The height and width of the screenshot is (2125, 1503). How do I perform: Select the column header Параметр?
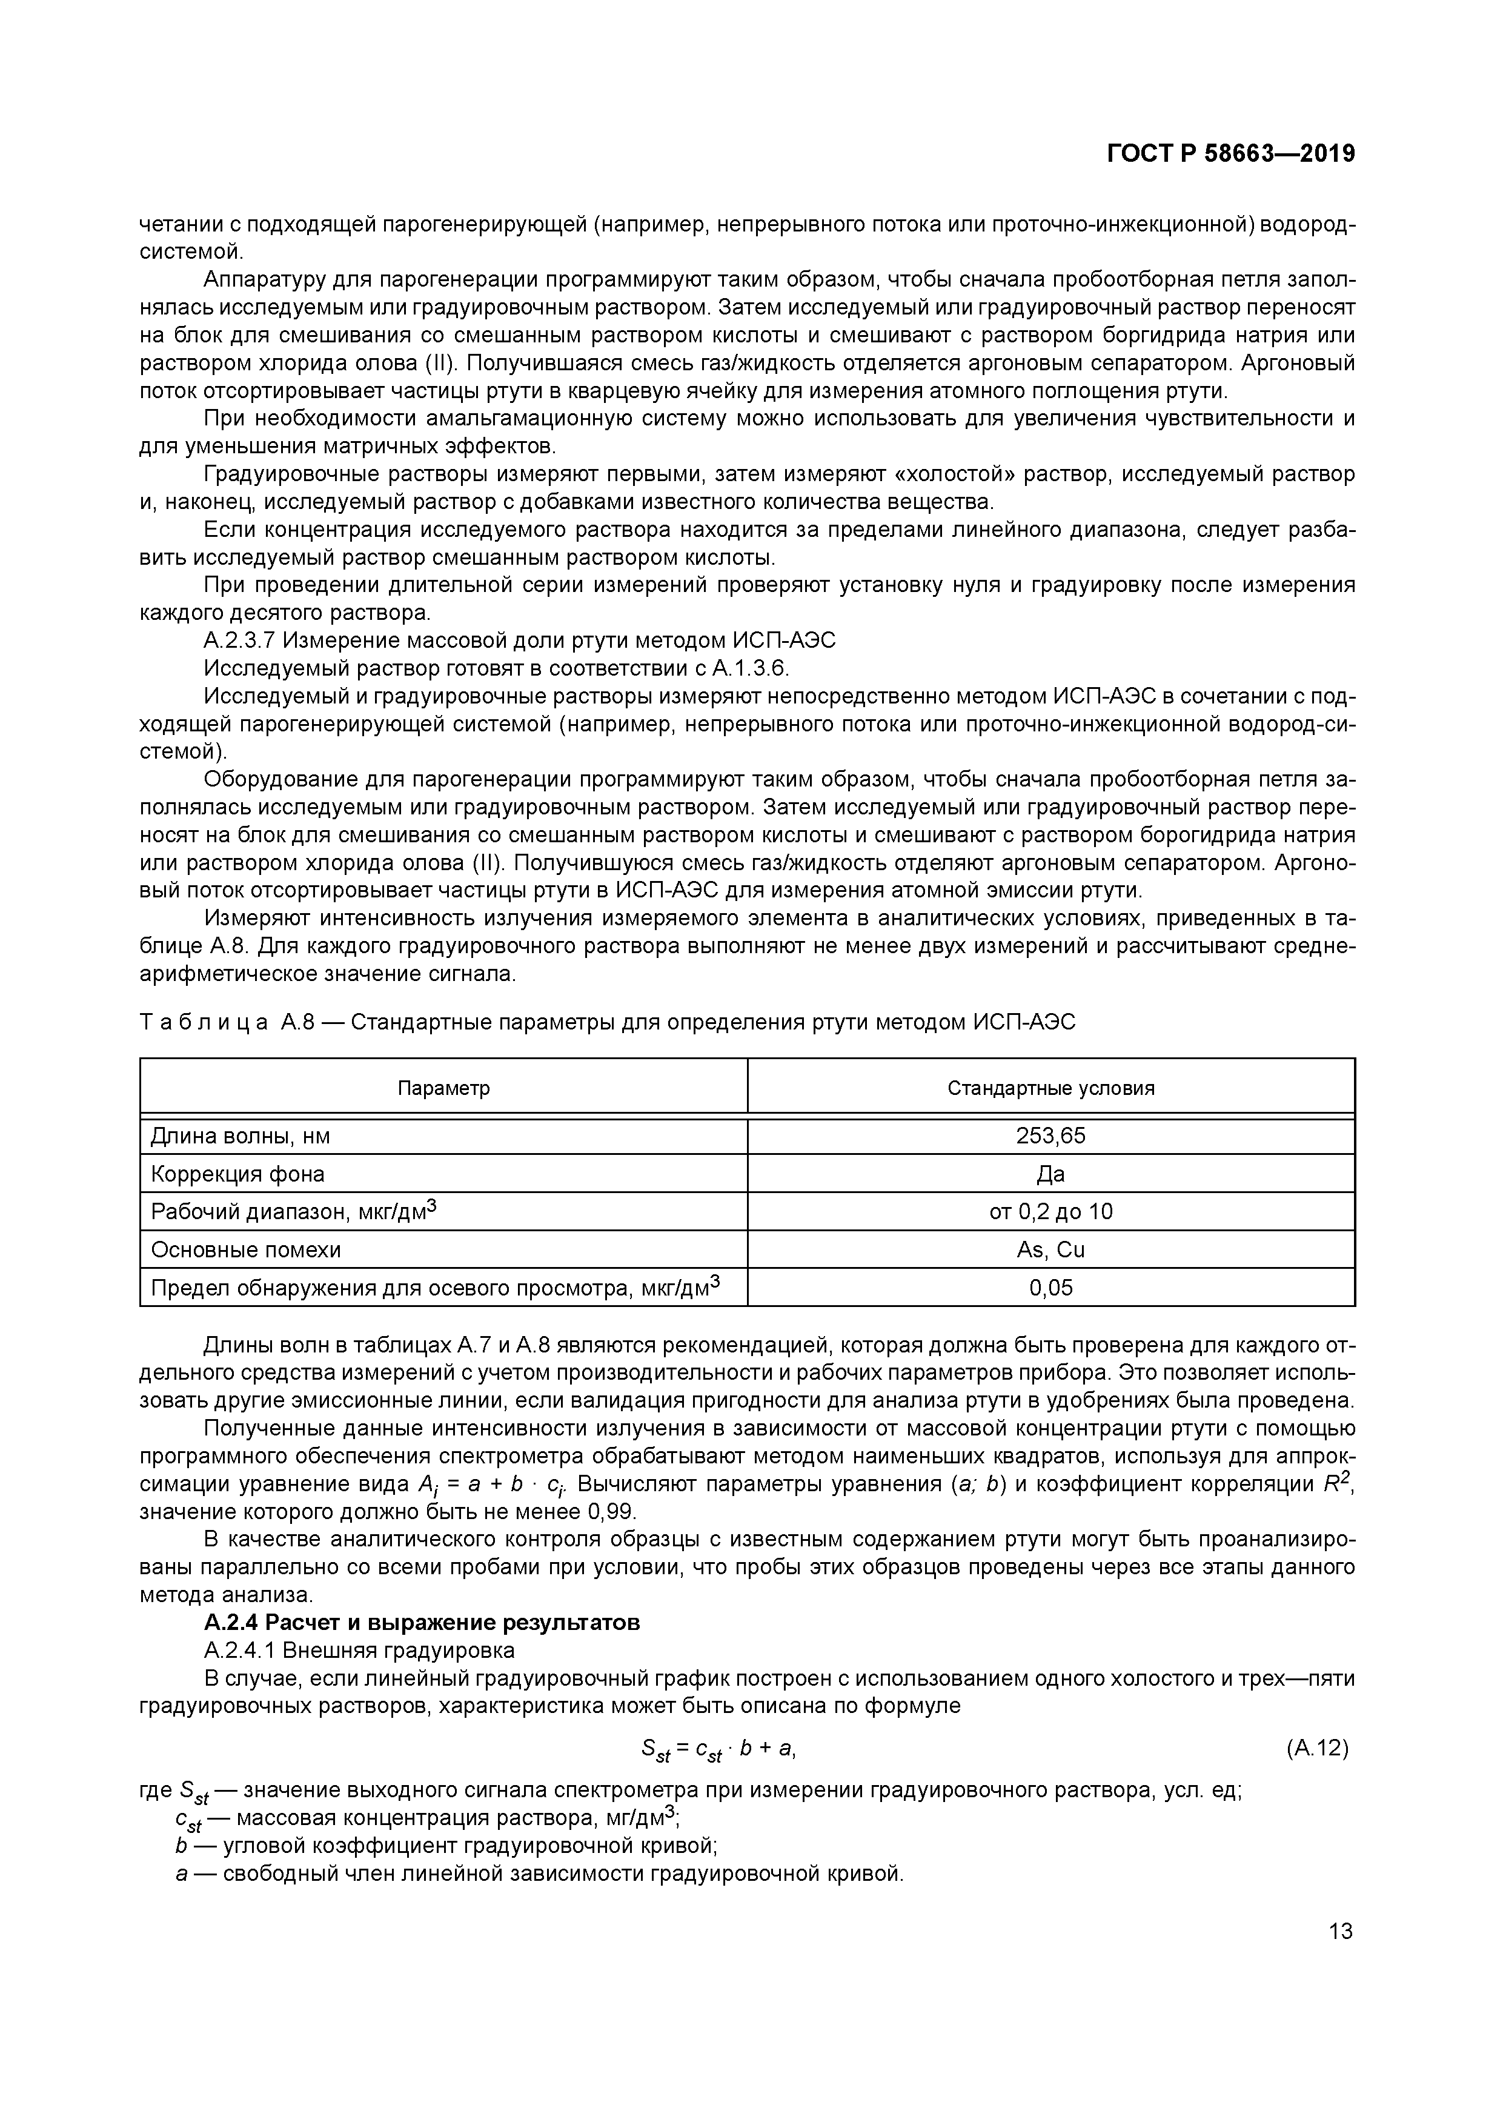click(x=443, y=1088)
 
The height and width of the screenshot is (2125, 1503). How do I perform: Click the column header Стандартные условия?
click(x=1050, y=1088)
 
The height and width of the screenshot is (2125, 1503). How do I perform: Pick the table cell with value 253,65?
click(x=1050, y=1136)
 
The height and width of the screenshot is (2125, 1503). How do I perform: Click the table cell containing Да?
click(x=1050, y=1174)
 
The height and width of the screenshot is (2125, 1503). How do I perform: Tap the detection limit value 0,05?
click(x=1050, y=1288)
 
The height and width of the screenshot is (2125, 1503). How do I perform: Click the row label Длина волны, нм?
click(x=241, y=1136)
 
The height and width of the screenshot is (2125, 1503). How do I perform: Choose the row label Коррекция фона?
click(x=238, y=1174)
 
